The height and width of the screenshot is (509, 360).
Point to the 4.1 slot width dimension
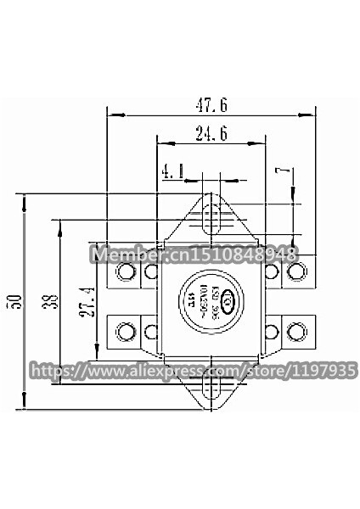tap(173, 172)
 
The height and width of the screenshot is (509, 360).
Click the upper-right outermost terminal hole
tap(296, 271)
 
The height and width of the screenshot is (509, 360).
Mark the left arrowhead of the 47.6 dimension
tap(111, 115)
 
